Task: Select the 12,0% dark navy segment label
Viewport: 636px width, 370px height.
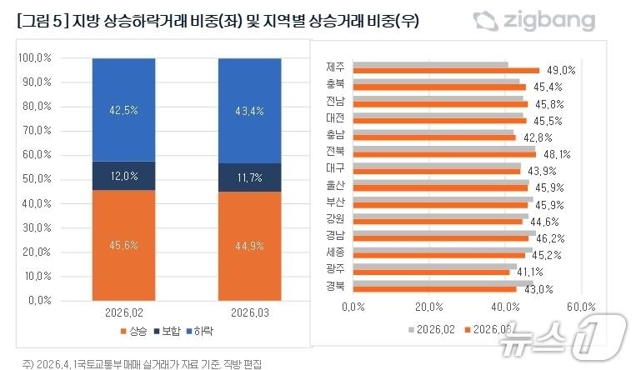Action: (x=123, y=176)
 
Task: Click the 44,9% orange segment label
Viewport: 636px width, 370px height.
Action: (x=249, y=245)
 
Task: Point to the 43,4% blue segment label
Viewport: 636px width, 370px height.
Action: (x=249, y=110)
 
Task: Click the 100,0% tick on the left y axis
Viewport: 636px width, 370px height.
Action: (x=36, y=58)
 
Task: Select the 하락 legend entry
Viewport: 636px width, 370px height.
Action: (x=198, y=332)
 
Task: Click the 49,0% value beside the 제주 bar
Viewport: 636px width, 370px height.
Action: (x=561, y=71)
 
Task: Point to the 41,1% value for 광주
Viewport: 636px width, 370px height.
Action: (x=530, y=272)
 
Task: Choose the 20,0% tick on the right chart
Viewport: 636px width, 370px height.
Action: (x=428, y=307)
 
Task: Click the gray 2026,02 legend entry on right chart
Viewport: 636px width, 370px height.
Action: (x=432, y=329)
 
